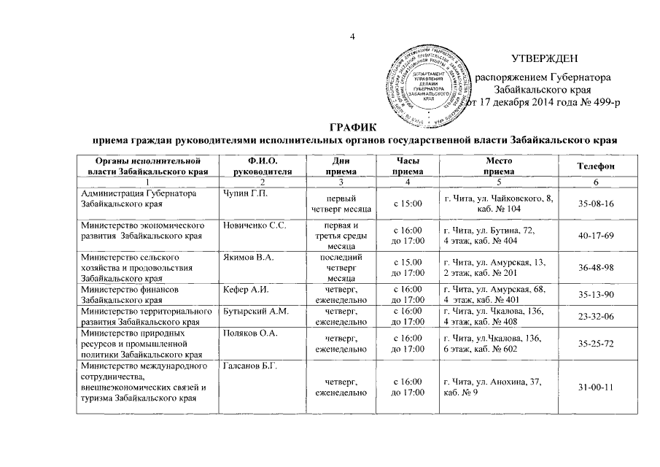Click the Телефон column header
point(596,166)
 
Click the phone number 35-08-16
point(595,204)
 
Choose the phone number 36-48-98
point(595,268)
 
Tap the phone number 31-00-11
point(595,387)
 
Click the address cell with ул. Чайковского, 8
point(497,204)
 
